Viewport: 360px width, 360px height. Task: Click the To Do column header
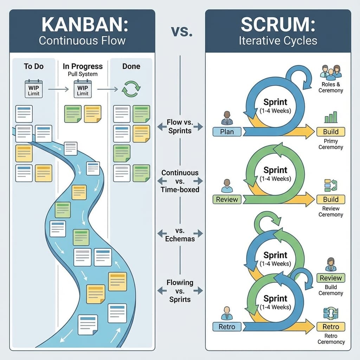click(33, 66)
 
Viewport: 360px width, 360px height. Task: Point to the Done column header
click(131, 66)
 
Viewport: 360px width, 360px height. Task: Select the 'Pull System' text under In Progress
click(83, 74)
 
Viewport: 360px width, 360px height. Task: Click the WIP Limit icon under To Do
click(33, 88)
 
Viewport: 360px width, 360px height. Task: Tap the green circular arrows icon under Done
click(131, 89)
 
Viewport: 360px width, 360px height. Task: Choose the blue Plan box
click(227, 132)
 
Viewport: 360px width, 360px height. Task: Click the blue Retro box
click(227, 327)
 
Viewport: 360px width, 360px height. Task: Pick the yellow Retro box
click(330, 327)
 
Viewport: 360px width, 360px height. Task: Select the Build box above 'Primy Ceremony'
click(330, 132)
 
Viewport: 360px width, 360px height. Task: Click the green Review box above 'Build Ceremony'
click(330, 278)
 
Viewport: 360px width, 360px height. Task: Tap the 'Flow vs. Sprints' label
click(180, 127)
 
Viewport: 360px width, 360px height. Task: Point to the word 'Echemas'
click(180, 238)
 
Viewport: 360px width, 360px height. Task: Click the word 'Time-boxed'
click(180, 189)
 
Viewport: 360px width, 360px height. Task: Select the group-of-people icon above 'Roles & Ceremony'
click(330, 71)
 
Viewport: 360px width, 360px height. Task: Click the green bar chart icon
click(330, 117)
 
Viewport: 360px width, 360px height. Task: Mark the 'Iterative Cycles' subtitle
click(278, 40)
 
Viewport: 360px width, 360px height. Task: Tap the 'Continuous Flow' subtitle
click(82, 40)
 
